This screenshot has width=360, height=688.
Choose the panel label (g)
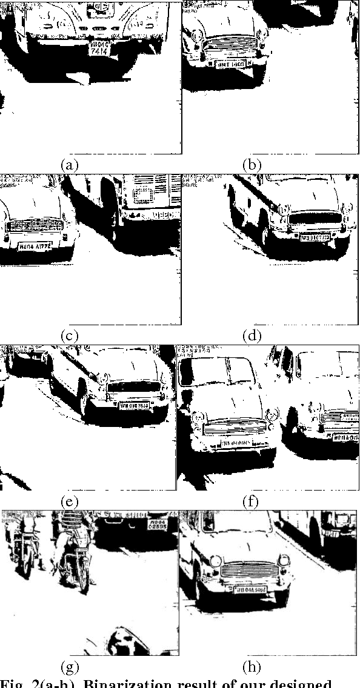[x=71, y=667]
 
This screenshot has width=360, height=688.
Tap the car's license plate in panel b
[x=230, y=64]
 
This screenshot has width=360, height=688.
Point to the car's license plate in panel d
[x=316, y=237]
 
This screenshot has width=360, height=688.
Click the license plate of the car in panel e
[x=134, y=405]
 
